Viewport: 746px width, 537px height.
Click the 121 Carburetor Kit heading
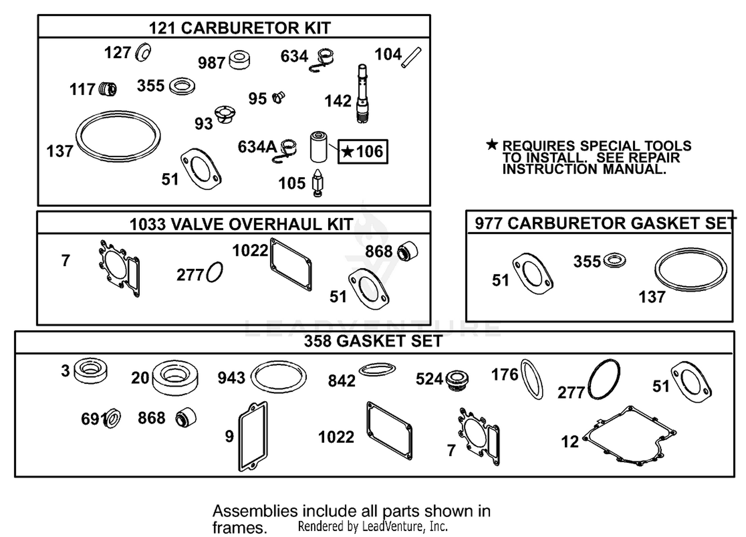pos(239,28)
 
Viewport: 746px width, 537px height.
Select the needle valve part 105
pos(318,183)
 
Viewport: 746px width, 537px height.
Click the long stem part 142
pos(363,94)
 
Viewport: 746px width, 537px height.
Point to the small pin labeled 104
pos(411,58)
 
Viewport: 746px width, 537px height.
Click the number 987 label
pos(211,63)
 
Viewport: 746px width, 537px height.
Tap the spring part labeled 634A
pos(286,151)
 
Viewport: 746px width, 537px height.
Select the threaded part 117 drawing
pos(108,89)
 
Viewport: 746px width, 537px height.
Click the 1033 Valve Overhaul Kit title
pos(241,224)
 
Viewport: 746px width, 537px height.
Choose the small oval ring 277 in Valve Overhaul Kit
pos(214,272)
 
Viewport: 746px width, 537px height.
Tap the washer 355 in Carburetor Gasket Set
pos(614,260)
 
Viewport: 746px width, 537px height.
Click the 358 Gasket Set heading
pos(373,341)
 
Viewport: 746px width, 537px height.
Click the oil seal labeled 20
pos(175,378)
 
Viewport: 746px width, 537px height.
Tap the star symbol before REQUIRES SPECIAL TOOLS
pos(491,145)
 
